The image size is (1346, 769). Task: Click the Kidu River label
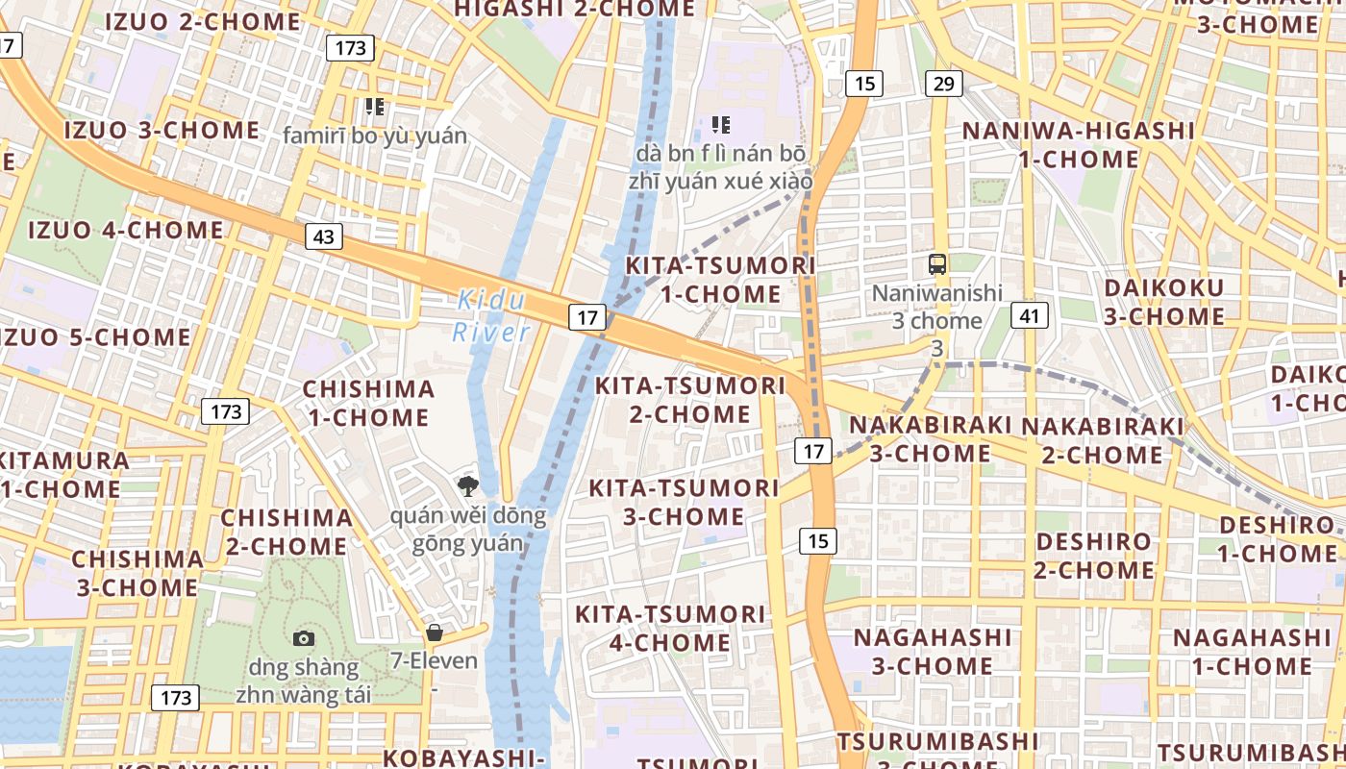point(491,316)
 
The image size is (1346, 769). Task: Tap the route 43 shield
point(324,236)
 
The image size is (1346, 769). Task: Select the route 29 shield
point(943,84)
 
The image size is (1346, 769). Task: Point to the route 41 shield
point(1029,314)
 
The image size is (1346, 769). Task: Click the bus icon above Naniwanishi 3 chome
point(936,264)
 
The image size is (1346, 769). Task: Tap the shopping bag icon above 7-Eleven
point(435,633)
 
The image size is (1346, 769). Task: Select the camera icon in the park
point(304,638)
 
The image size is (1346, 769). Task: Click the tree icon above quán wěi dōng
point(468,485)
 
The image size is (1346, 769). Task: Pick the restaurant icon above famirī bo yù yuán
point(374,107)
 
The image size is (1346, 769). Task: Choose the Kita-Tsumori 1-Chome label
point(720,279)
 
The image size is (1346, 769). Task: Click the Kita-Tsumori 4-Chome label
point(670,628)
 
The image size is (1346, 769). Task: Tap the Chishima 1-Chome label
point(368,403)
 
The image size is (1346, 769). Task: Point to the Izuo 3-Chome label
point(162,130)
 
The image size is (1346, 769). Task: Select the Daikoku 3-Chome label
point(1163,302)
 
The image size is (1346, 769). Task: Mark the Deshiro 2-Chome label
point(1094,556)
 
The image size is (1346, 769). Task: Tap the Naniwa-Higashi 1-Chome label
point(1078,144)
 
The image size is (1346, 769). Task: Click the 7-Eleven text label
point(434,660)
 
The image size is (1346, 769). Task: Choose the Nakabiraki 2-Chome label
point(1102,439)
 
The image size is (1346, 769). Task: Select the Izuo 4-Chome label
point(125,230)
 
